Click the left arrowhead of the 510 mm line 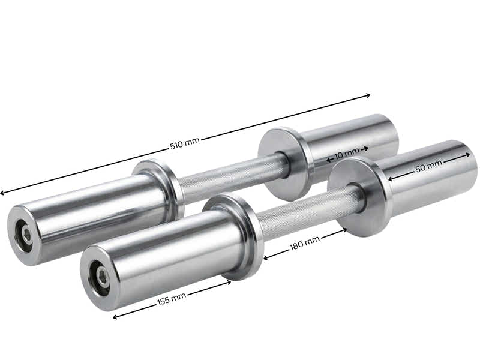pos(2,193)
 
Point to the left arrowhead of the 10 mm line pos(328,160)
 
